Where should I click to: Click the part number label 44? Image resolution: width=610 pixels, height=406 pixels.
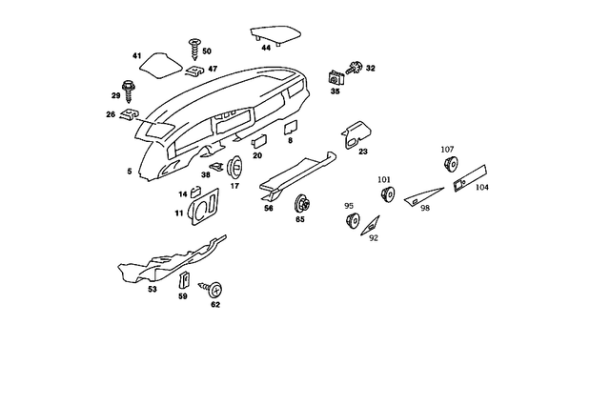(266, 47)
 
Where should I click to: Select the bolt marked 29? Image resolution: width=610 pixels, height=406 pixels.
(130, 86)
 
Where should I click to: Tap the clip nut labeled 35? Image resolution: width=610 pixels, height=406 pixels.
(335, 77)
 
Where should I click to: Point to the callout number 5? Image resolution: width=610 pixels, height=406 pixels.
(130, 171)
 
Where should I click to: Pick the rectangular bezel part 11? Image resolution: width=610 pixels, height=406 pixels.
(203, 209)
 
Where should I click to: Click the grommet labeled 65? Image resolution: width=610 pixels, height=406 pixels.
(303, 202)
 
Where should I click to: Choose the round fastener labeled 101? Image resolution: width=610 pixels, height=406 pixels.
(387, 193)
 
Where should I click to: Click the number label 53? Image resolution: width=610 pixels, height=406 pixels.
(152, 289)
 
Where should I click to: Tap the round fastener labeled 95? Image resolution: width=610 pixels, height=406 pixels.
(351, 221)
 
